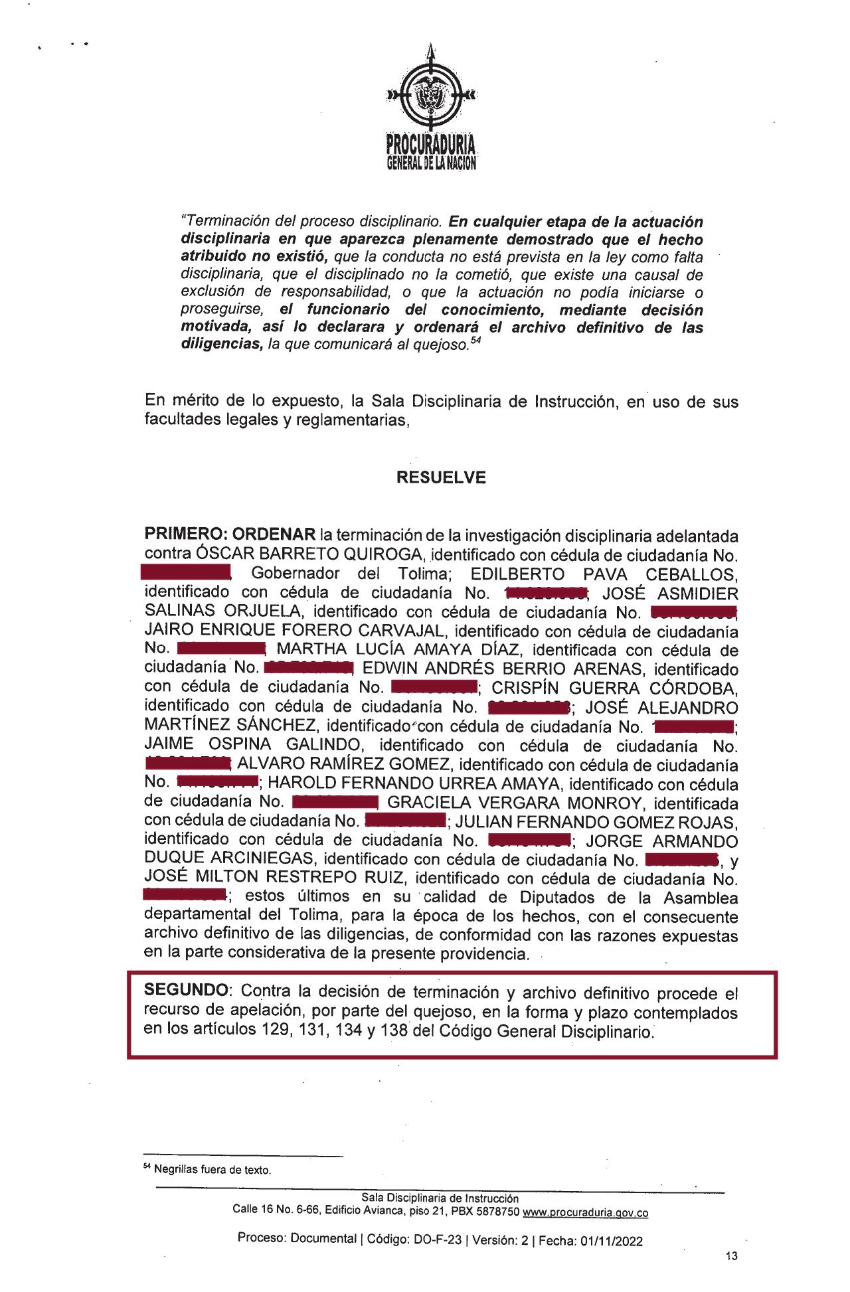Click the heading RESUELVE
441,478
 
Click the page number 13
732,1255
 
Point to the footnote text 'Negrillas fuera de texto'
212,1170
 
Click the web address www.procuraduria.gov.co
586,1213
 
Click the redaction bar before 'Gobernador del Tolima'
186,573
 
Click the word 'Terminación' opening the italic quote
221,221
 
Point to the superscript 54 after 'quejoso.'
474,342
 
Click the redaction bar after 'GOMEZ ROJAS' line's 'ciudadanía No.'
529,841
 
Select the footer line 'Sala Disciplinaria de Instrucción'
440,1198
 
